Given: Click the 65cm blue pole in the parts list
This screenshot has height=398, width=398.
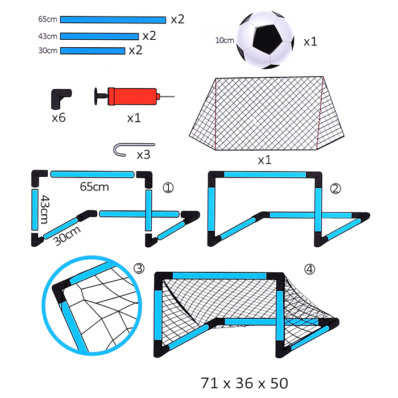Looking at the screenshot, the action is point(113,20).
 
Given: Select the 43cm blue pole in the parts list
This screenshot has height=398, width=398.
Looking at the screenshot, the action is point(100,36).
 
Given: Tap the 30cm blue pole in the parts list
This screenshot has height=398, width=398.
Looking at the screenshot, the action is point(93,51).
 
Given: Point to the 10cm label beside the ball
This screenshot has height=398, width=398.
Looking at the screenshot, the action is point(225,40).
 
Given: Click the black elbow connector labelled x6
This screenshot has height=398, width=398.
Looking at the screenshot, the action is point(60,98).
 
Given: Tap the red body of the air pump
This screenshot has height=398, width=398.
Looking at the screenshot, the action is point(132,96).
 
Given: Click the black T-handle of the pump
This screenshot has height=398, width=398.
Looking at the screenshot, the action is point(101,96).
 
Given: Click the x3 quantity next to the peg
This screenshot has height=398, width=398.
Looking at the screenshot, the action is point(143,155).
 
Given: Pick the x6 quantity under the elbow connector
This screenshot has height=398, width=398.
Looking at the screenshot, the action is point(59,118).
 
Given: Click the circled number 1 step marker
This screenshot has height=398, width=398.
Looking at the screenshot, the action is point(168,188).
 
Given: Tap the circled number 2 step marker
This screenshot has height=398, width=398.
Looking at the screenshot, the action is point(335,189).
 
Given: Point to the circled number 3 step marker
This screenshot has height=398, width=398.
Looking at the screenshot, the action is point(139,268).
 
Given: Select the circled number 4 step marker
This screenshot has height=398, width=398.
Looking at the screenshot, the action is point(309,269).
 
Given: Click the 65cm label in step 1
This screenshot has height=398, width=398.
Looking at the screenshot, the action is point(94,187).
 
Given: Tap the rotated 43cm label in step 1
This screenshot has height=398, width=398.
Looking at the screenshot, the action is point(45,209).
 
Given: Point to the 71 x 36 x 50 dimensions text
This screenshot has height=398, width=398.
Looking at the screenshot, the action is point(244,383).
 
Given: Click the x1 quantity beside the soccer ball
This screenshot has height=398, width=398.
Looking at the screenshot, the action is point(310,42).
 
